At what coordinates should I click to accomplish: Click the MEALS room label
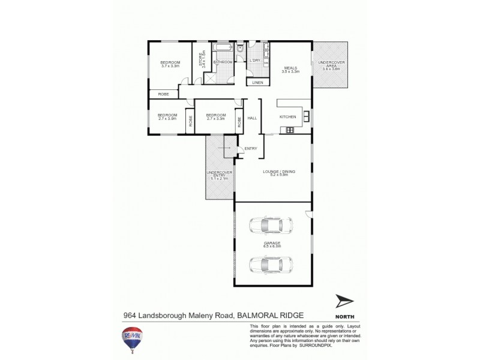coord(290,69)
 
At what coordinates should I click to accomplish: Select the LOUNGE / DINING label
coord(280,173)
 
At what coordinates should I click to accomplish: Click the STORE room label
coord(201,59)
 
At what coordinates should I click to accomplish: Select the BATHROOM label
coord(223,62)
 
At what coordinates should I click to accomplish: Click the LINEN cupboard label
coord(257,82)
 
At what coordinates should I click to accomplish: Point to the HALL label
coord(252,118)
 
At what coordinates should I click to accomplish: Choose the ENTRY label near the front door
coord(250,148)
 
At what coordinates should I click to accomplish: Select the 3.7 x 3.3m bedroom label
coord(170,64)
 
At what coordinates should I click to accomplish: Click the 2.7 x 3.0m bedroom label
coord(167,116)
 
